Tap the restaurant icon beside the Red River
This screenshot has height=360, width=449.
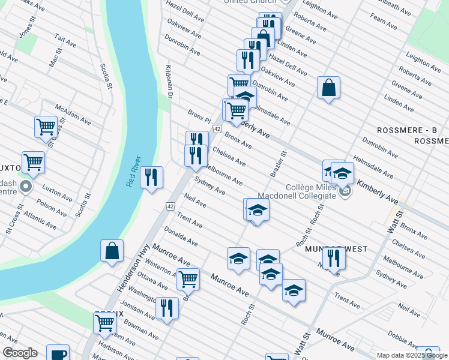pos(152,178)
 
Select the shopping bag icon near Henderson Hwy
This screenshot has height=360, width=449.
pos(112,251)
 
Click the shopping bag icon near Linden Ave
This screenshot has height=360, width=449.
pos(329,88)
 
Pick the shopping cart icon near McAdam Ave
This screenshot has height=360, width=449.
pos(46,127)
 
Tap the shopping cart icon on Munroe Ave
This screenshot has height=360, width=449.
pos(188,279)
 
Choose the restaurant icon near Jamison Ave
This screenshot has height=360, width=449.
pos(167,308)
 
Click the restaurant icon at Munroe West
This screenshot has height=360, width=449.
pos(334,258)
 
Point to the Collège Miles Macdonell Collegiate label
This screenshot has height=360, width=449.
pos(297,191)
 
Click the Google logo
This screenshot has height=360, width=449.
pos(20,353)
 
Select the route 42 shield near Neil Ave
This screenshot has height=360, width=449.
pos(170,207)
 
